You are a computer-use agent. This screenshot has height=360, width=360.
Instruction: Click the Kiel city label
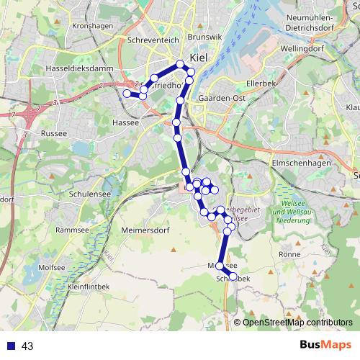pyautogui.click(x=199, y=58)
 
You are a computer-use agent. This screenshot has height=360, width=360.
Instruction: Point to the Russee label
pyautogui.click(x=54, y=133)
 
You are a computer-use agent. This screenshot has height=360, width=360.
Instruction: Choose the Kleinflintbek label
pyautogui.click(x=90, y=286)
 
